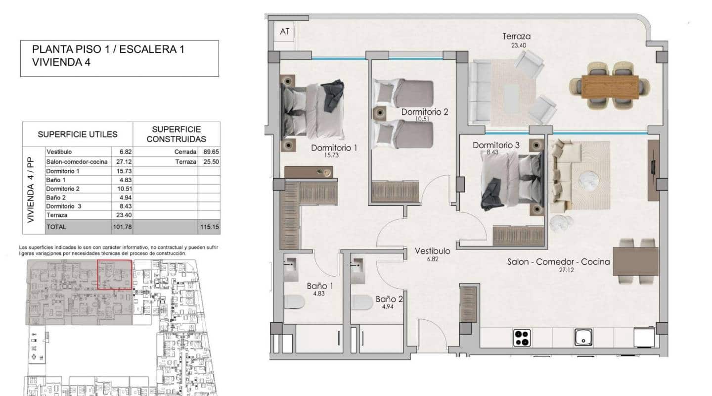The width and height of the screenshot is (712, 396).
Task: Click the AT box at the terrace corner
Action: click(284, 32)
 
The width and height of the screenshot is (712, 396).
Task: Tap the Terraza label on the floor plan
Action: click(517, 36)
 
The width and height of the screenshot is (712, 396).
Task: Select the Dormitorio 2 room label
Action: click(424, 112)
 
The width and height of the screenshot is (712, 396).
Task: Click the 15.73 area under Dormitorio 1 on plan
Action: click(334, 155)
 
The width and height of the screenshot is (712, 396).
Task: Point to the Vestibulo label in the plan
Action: click(432, 250)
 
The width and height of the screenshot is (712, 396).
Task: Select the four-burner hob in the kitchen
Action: click(522, 338)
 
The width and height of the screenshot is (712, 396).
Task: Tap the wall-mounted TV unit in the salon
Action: click(653, 170)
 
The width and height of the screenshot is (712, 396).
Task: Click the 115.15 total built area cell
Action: click(209, 227)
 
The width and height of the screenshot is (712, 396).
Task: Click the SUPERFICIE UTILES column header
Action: click(78, 134)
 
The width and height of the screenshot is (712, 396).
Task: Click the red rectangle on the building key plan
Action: click(114, 274)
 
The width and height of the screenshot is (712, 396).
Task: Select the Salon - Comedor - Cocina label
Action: click(558, 262)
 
